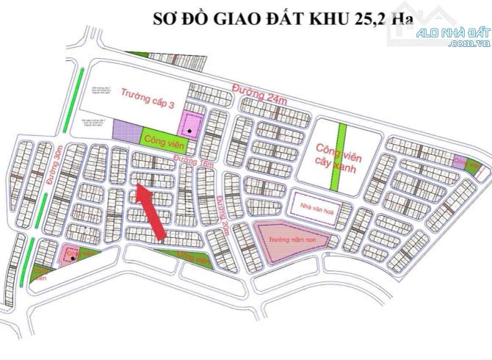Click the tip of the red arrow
137,188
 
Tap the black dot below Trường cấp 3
189,131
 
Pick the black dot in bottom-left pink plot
71,256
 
